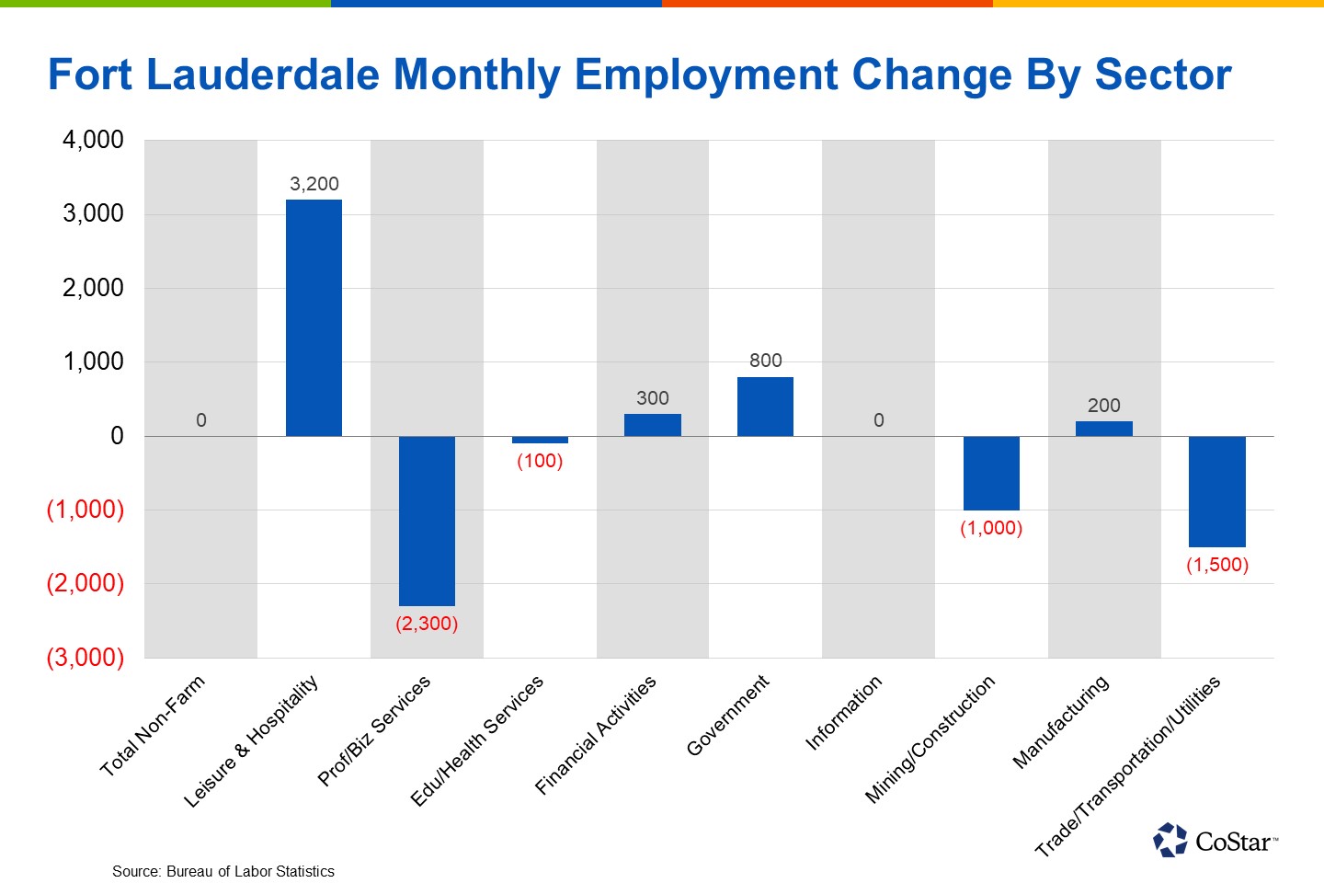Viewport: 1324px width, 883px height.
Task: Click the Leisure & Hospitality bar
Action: (314, 317)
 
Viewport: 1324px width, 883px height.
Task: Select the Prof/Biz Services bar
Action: (427, 521)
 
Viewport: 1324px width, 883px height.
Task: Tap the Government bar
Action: (765, 407)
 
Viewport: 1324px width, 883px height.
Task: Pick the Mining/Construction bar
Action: (991, 473)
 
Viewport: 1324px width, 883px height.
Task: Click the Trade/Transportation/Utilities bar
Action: (1216, 491)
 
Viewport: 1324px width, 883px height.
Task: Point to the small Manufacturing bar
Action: (1103, 429)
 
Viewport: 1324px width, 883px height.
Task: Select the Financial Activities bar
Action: (652, 425)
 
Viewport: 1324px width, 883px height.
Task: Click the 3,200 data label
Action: (314, 184)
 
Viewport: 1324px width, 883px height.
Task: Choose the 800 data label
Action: (765, 361)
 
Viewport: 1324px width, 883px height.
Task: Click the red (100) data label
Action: (540, 461)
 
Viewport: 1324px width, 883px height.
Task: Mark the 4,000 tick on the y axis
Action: (93, 140)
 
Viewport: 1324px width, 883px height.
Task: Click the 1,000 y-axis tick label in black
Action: (93, 361)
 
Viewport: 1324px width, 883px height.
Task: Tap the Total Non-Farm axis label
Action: (153, 727)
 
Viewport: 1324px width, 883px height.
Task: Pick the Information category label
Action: (844, 713)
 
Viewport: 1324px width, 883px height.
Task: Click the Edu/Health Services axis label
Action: (477, 740)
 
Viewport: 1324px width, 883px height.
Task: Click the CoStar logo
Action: (1216, 840)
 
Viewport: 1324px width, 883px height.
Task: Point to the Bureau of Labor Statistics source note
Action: (223, 871)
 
